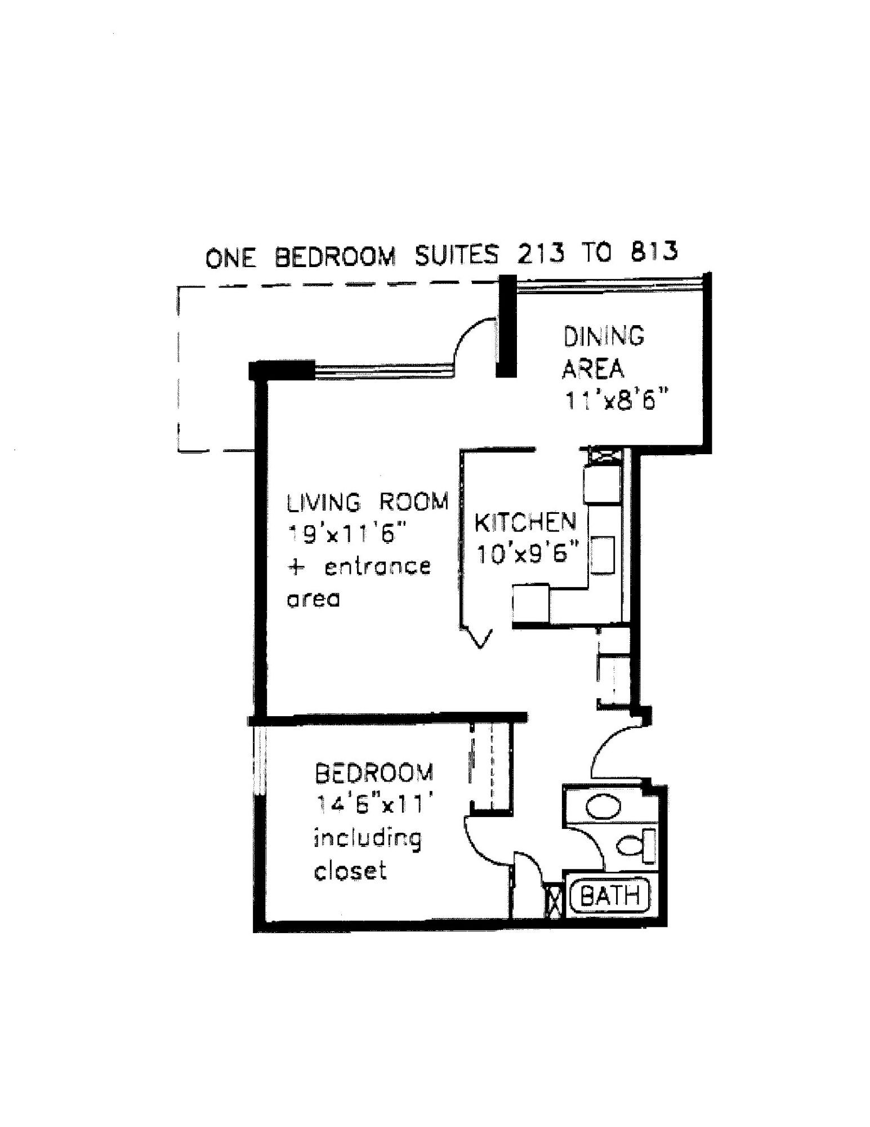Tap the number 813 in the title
654,252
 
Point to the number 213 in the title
540,254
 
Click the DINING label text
604,336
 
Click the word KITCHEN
525,523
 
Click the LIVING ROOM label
368,502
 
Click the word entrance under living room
377,566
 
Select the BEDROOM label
374,773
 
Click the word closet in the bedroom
350,871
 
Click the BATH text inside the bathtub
610,895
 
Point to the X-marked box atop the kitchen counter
603,455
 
